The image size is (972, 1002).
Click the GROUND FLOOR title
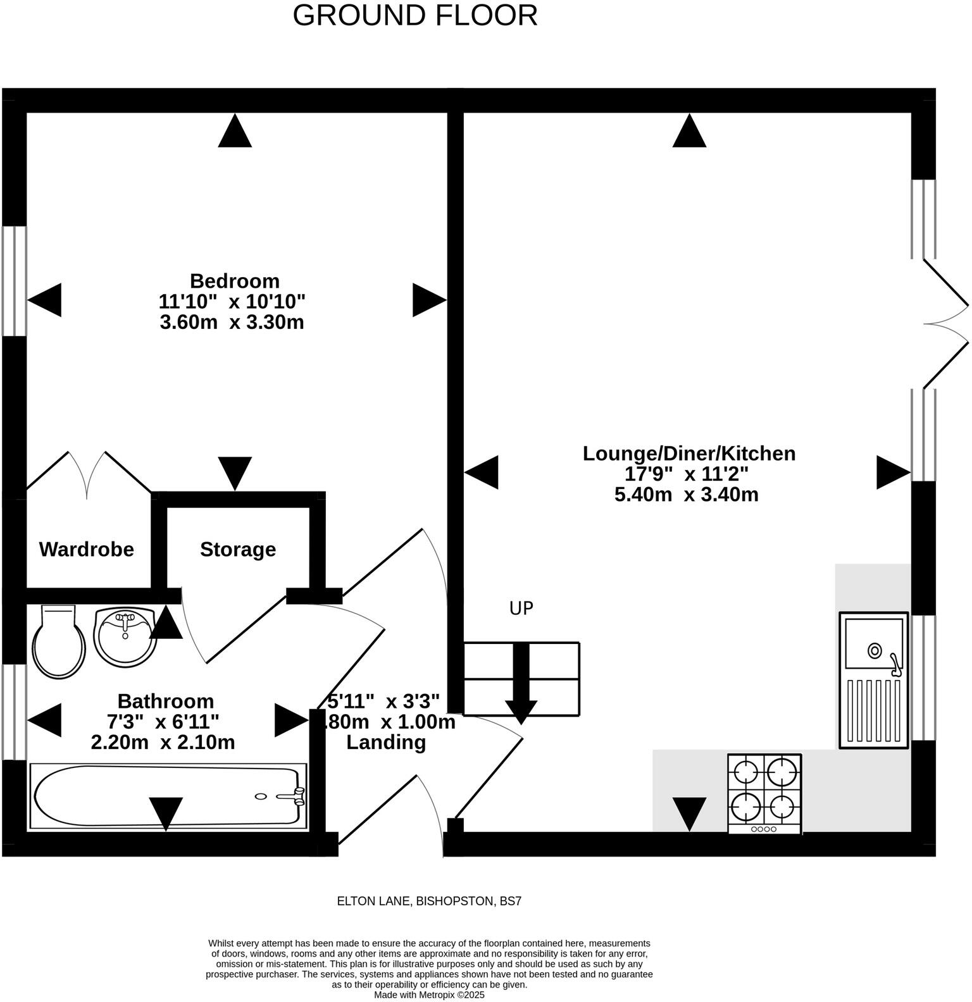click(x=415, y=16)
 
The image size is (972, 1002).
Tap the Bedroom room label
click(x=234, y=281)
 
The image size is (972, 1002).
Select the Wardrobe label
click(x=87, y=549)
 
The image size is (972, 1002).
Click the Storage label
click(x=238, y=549)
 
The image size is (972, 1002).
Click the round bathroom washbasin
click(x=125, y=636)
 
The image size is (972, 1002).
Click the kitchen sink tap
click(x=894, y=662)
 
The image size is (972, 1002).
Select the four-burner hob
click(x=764, y=793)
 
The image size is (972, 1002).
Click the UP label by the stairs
click(x=521, y=609)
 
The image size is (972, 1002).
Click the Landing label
click(x=385, y=742)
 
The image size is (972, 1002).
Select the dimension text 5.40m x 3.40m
click(x=687, y=494)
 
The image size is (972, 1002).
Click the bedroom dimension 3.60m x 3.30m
click(x=232, y=322)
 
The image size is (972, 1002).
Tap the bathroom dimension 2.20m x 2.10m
click(x=163, y=742)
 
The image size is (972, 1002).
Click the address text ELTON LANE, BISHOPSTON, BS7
click(x=429, y=901)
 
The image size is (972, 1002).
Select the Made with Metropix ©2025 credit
click(x=429, y=995)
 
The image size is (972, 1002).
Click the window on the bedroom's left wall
click(x=14, y=281)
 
